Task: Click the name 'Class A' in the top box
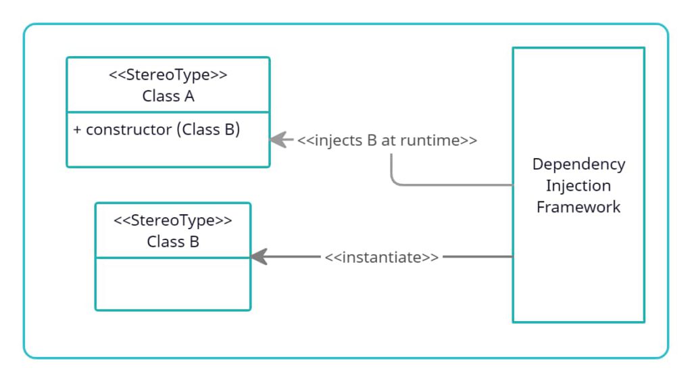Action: pos(168,96)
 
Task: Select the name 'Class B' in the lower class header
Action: pos(173,241)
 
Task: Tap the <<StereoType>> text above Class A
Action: pos(168,75)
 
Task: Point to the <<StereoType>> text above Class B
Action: pos(173,220)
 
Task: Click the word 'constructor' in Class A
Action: pos(128,130)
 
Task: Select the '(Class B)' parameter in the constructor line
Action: pos(208,130)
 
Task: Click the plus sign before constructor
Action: pos(78,130)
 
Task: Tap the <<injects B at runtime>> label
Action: pos(387,141)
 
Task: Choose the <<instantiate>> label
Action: pos(382,258)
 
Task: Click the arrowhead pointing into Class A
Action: pos(276,139)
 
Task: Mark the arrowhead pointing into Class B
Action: pos(259,257)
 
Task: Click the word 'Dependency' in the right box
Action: pos(578,164)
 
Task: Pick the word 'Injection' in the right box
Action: pos(578,185)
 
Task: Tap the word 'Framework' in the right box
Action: pos(578,207)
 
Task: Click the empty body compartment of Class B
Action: pos(173,284)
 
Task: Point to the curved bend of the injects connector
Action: pos(395,181)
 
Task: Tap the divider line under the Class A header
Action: pos(168,112)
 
